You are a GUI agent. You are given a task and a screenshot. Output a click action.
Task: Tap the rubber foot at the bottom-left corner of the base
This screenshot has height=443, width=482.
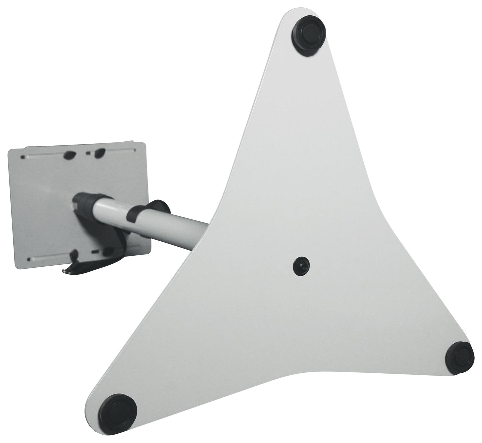tap(119, 411)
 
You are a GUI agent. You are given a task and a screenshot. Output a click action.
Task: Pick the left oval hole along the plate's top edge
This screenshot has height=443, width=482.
tap(69, 155)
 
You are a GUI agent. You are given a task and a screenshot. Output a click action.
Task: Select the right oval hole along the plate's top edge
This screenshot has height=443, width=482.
tap(99, 154)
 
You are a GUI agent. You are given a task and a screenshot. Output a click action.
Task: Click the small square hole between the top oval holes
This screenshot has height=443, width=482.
tap(88, 154)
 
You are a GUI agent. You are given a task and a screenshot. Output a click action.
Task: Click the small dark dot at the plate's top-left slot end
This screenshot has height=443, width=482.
tap(23, 157)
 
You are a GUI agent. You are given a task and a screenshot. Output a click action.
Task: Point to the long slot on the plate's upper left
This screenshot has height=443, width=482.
tap(43, 156)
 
